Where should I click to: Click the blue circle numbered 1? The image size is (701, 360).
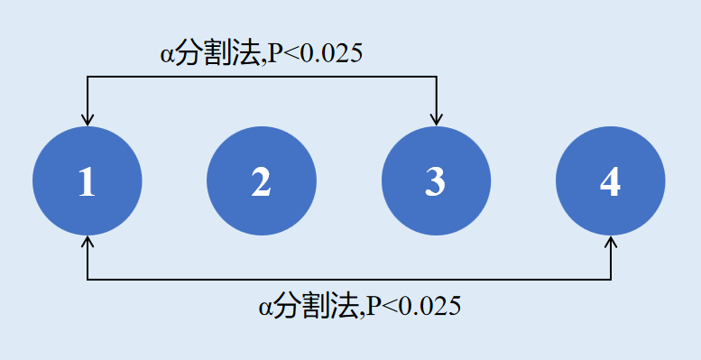tap(88, 181)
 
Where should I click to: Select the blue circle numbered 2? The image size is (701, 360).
tap(262, 181)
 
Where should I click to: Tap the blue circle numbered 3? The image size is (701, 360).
tap(437, 181)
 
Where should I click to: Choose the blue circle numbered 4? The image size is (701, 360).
tap(611, 181)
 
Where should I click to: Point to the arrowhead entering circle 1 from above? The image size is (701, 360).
tap(88, 120)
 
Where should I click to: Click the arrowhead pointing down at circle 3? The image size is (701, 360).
tap(437, 120)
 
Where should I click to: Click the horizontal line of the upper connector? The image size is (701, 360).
tap(262, 77)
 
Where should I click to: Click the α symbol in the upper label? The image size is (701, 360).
tap(166, 55)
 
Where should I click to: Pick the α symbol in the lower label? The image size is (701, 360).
tap(264, 308)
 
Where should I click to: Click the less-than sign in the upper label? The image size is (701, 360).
tap(289, 55)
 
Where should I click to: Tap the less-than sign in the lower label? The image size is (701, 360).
tap(387, 308)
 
